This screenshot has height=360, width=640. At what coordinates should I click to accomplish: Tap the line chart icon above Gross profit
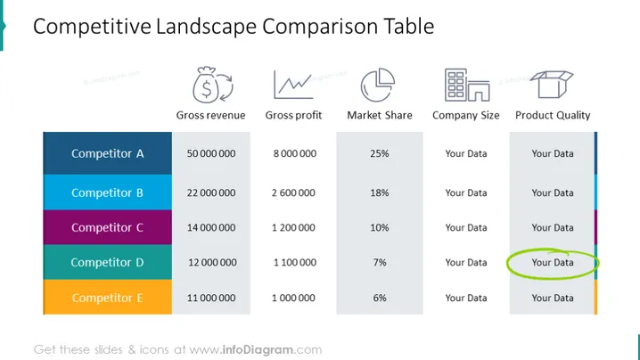tap(293, 85)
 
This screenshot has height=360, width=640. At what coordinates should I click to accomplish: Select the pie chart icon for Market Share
tap(378, 85)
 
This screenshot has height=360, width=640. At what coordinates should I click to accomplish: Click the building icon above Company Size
tap(467, 85)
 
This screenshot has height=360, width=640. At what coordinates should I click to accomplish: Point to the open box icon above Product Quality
tap(552, 84)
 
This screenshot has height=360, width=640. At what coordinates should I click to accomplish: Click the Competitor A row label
tap(107, 153)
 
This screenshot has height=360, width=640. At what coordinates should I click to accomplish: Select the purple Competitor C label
tap(107, 227)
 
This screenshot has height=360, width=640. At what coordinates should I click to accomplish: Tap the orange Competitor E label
tap(107, 298)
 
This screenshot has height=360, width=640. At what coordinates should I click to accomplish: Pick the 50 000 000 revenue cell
tap(211, 153)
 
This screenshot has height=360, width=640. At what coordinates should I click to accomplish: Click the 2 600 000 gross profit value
tap(293, 192)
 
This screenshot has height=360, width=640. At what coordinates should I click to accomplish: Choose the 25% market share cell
tap(380, 153)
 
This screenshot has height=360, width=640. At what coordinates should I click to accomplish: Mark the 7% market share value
tap(380, 263)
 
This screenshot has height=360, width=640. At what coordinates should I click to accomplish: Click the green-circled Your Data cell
tap(553, 263)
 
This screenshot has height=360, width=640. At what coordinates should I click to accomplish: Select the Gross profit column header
tap(293, 116)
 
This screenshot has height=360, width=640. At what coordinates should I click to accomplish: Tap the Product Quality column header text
tap(553, 116)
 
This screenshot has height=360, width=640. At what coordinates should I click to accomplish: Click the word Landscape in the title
tap(207, 27)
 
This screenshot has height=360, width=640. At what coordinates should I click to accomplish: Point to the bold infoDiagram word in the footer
tap(258, 350)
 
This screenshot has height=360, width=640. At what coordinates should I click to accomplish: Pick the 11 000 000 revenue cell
tap(211, 298)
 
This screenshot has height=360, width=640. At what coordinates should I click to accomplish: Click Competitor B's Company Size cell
tap(466, 192)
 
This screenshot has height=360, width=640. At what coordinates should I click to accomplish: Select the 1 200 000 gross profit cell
tap(293, 228)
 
